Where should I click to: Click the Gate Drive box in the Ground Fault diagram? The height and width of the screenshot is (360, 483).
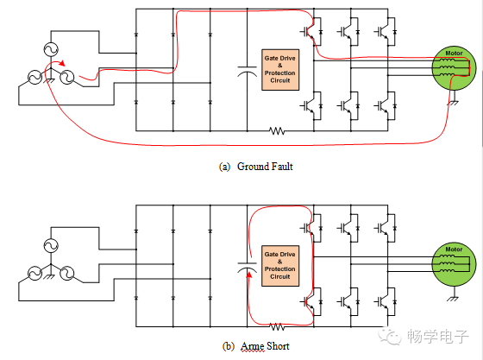[280, 70]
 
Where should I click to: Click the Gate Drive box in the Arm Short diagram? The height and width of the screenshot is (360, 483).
[280, 266]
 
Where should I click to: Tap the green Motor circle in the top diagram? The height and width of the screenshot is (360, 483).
[454, 68]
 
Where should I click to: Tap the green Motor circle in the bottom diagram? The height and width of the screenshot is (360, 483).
[454, 264]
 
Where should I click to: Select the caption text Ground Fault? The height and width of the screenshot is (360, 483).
[265, 167]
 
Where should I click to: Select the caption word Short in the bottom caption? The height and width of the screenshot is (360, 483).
[278, 346]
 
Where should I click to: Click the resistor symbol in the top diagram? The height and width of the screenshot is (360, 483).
[277, 131]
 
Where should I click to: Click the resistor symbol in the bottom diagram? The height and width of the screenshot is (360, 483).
[277, 326]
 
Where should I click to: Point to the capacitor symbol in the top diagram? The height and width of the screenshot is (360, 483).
[247, 71]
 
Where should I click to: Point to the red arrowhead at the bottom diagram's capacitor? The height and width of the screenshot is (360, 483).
[249, 274]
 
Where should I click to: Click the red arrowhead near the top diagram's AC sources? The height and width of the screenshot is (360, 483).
[62, 63]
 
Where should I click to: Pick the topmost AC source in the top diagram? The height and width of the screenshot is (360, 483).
[51, 49]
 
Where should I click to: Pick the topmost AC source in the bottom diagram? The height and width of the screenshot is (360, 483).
[51, 246]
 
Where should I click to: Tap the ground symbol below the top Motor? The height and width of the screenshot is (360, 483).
[454, 103]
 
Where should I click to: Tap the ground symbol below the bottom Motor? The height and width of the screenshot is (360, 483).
[454, 299]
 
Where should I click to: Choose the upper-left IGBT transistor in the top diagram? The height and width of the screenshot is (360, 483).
[311, 31]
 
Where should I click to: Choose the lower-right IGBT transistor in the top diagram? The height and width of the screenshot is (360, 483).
[385, 105]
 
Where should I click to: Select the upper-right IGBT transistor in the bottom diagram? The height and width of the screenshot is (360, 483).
[385, 228]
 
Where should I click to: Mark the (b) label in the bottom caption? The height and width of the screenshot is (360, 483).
[229, 346]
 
